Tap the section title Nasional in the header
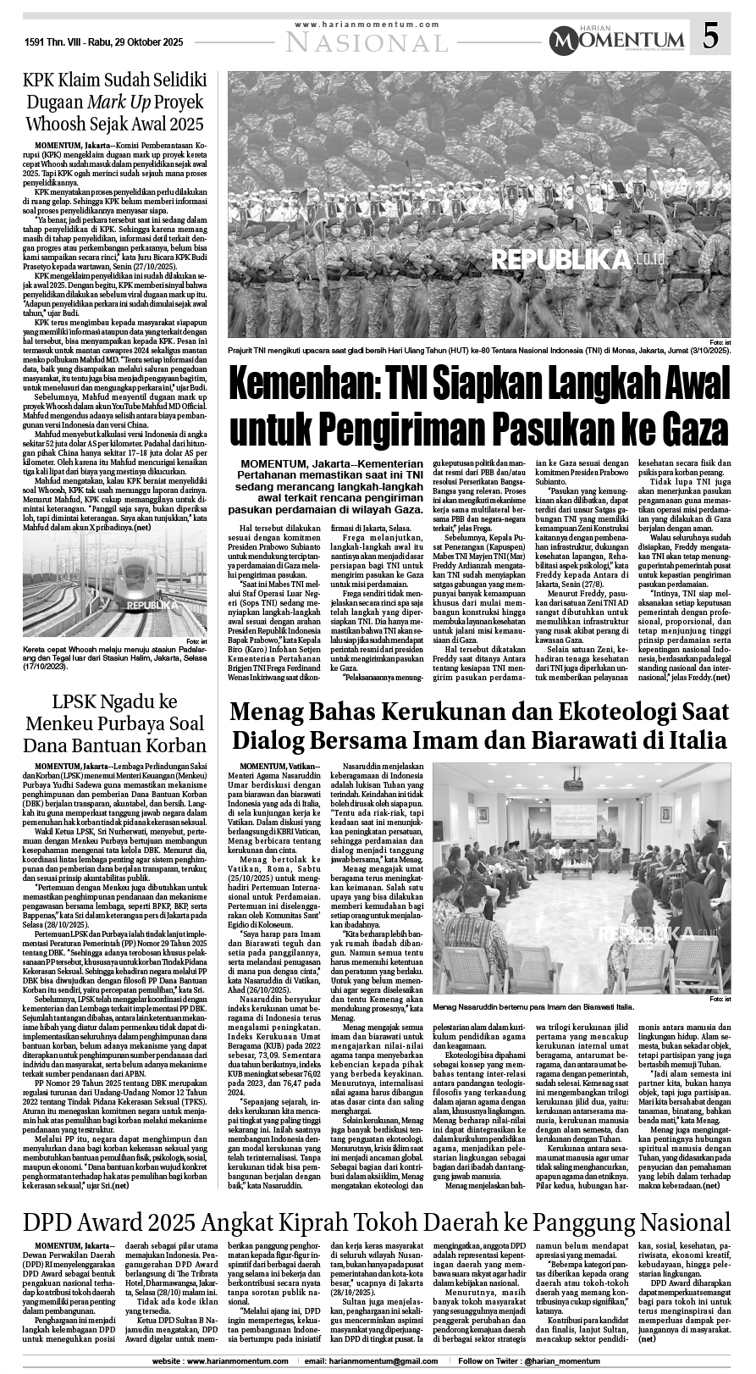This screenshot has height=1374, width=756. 368,42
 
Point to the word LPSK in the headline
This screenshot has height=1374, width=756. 81,702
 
